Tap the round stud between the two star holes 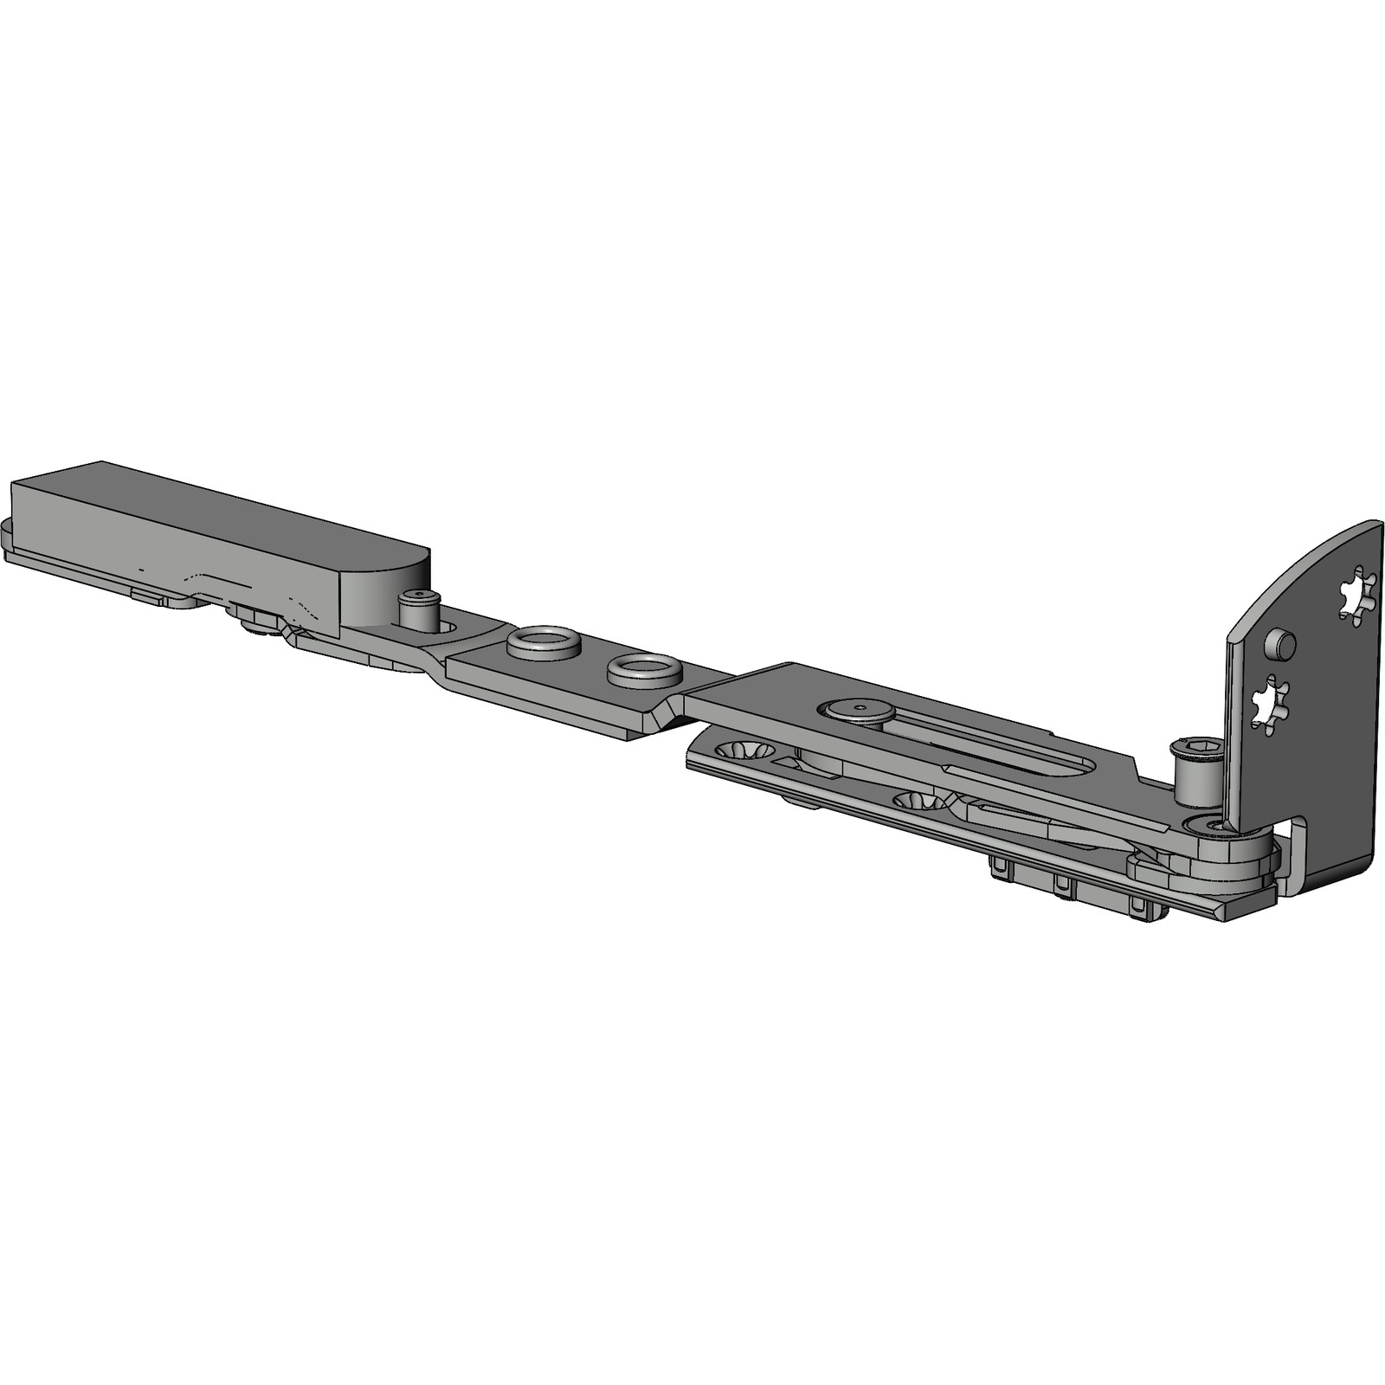click(1281, 645)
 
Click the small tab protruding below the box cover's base click(147, 596)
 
